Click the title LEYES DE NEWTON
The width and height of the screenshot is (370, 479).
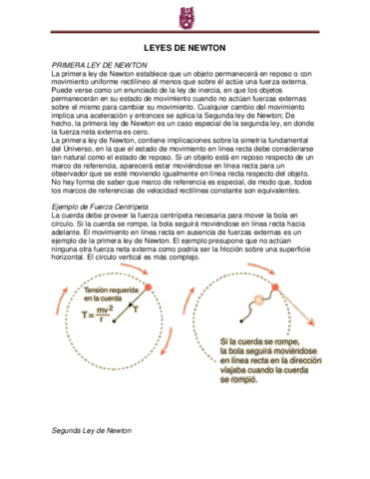(185, 47)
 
